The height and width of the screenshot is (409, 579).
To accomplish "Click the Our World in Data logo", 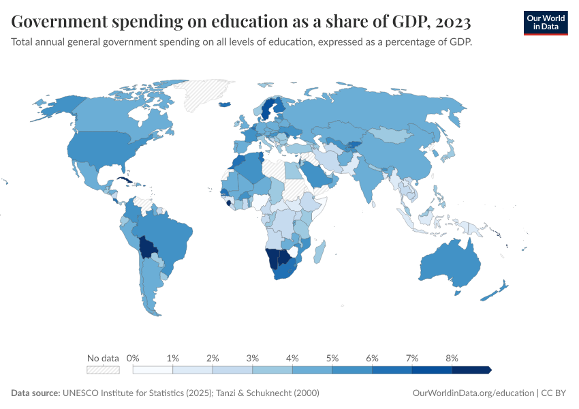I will (545, 22).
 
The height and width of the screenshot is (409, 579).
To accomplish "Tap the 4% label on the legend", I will (292, 358).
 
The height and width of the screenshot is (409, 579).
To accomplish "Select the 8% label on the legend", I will (452, 358).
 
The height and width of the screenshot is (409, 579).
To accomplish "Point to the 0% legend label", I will (134, 358).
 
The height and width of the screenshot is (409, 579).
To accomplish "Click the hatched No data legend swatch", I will (103, 369).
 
